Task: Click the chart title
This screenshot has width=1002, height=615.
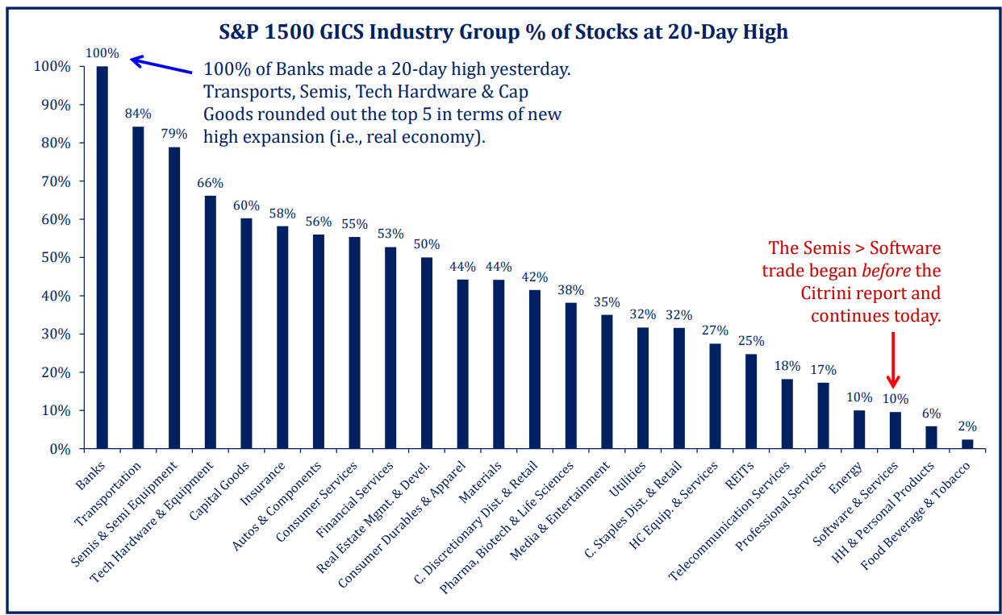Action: (x=503, y=32)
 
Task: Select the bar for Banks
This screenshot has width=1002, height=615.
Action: (x=102, y=257)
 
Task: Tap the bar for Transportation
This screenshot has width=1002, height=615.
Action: (x=138, y=288)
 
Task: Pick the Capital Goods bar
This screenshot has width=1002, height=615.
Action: (x=247, y=334)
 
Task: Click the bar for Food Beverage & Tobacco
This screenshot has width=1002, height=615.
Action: (x=967, y=444)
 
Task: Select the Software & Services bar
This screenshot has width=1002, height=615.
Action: (x=895, y=430)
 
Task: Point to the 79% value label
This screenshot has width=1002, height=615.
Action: (x=174, y=134)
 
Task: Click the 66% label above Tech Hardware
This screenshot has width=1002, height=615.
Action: (x=211, y=183)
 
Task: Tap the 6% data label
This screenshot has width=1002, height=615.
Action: (x=931, y=413)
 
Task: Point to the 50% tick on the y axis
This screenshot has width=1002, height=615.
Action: (x=56, y=258)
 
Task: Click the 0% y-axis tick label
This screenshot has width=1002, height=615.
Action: (x=60, y=449)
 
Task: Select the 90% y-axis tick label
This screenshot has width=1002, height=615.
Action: (x=56, y=105)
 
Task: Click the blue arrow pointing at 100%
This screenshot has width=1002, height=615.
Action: (x=161, y=64)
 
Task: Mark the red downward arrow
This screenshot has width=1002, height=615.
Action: (x=893, y=360)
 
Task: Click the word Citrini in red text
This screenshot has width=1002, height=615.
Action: (x=827, y=293)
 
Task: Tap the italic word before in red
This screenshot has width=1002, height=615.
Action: (x=886, y=271)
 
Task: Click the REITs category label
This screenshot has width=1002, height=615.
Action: (x=739, y=476)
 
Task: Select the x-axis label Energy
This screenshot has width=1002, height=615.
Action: (x=845, y=478)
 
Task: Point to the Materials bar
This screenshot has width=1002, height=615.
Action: (x=499, y=364)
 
